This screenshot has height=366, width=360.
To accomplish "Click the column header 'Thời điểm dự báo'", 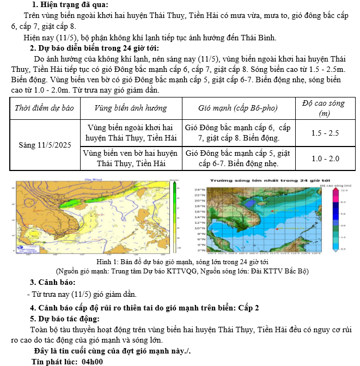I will [44, 108].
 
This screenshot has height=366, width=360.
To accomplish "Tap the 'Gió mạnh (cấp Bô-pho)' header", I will [238, 108].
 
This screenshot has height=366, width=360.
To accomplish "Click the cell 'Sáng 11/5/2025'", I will [45, 145].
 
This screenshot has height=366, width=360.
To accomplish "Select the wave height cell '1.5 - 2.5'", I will [325, 133].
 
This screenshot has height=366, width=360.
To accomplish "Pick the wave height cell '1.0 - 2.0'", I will [325, 158].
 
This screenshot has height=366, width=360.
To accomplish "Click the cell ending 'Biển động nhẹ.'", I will [238, 158].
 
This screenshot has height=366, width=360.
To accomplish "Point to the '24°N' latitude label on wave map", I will [199, 190].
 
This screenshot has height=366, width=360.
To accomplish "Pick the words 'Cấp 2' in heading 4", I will [248, 308].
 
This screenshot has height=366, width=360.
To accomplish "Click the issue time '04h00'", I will [92, 361].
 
